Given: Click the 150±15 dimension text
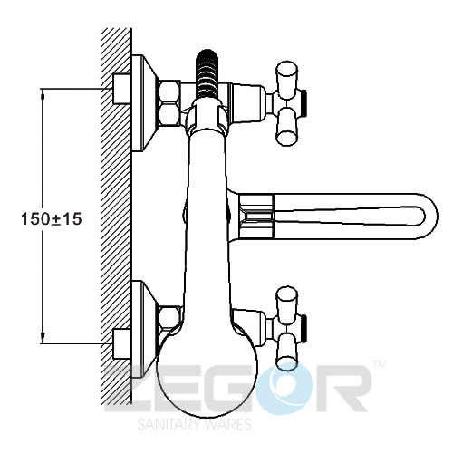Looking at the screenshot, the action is [x=52, y=218].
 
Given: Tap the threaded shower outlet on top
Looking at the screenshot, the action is [x=207, y=74].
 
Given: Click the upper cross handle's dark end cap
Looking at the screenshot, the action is [x=304, y=103].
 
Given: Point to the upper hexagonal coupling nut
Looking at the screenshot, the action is [x=170, y=102].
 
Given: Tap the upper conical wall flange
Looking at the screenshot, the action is [x=144, y=103].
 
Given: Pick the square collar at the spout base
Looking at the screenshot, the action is [x=257, y=216].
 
